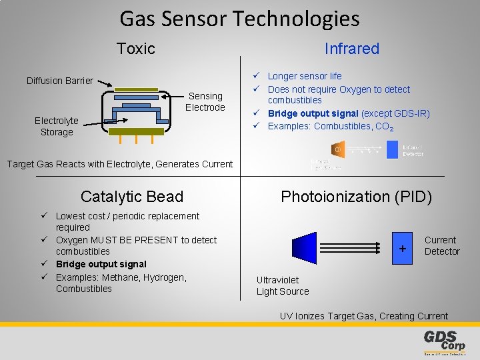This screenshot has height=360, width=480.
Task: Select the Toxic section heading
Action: click(135, 49)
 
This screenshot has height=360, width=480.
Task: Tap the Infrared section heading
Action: click(351, 49)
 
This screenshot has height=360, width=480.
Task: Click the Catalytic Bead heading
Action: click(131, 197)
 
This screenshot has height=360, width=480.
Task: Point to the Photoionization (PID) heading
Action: click(356, 197)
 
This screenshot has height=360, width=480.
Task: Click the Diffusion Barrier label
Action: click(60, 81)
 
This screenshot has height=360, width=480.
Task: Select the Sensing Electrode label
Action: click(205, 101)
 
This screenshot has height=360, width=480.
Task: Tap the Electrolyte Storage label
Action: click(57, 126)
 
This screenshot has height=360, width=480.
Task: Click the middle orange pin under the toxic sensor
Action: click(137, 141)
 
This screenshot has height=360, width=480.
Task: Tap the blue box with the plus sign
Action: click(402, 248)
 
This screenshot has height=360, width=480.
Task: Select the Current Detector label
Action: click(441, 245)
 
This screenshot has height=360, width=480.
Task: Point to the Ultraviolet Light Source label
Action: click(283, 285)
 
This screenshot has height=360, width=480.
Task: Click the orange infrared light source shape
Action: click(337, 149)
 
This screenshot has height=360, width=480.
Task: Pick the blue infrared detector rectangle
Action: click(392, 149)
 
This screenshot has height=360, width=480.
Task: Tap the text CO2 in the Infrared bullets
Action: click(384, 127)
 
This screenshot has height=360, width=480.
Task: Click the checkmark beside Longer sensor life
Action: click(256, 76)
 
